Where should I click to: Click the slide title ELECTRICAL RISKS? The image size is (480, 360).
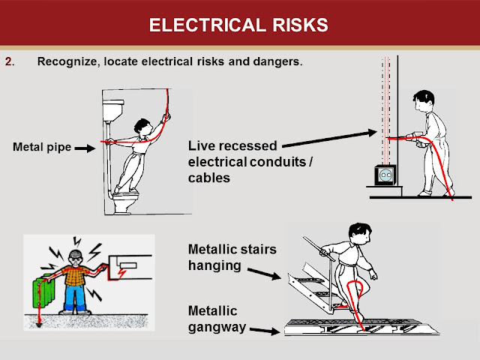coord(239,25)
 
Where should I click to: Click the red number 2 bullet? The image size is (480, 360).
coord(9,61)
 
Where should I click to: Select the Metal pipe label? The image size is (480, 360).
coord(42,147)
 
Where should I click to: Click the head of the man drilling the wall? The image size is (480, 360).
coord(423,103)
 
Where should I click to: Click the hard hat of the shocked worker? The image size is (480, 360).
coord(74,253)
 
